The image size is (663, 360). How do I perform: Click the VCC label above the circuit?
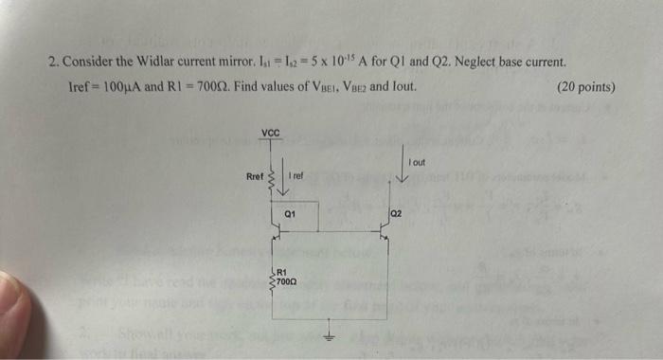point(271,132)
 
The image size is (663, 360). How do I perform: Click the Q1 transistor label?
point(291,215)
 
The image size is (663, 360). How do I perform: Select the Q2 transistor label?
point(396,215)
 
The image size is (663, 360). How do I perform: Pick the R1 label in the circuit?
point(282,272)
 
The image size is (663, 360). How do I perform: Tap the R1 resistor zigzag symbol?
point(273,277)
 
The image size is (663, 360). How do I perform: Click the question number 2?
point(53,63)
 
